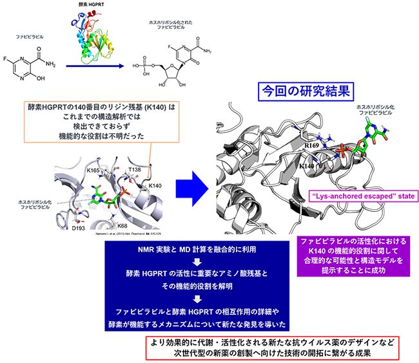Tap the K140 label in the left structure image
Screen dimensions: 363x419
pyautogui.click(x=155, y=185)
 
